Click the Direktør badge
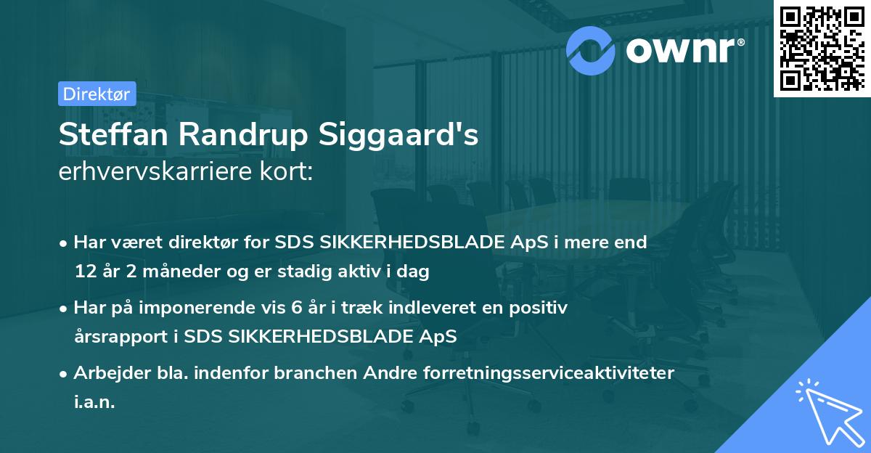point(97,94)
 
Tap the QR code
point(822,49)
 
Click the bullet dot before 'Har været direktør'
point(65,243)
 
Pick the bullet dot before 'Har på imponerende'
point(65,309)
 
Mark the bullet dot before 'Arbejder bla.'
point(65,374)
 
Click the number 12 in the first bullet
point(84,272)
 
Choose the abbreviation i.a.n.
point(94,402)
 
